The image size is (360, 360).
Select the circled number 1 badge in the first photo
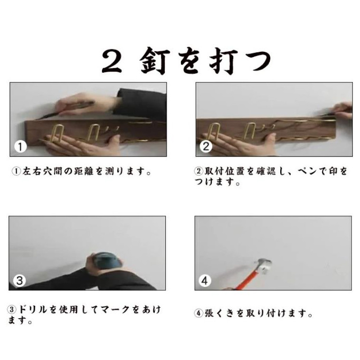[20, 146]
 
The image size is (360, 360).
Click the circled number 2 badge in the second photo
[206, 146]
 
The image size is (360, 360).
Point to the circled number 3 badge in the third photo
[19, 280]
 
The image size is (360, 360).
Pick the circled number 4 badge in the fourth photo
[205, 280]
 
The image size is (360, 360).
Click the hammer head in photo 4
[264, 266]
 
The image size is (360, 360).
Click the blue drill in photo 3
[107, 261]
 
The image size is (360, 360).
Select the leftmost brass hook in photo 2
[214, 132]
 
